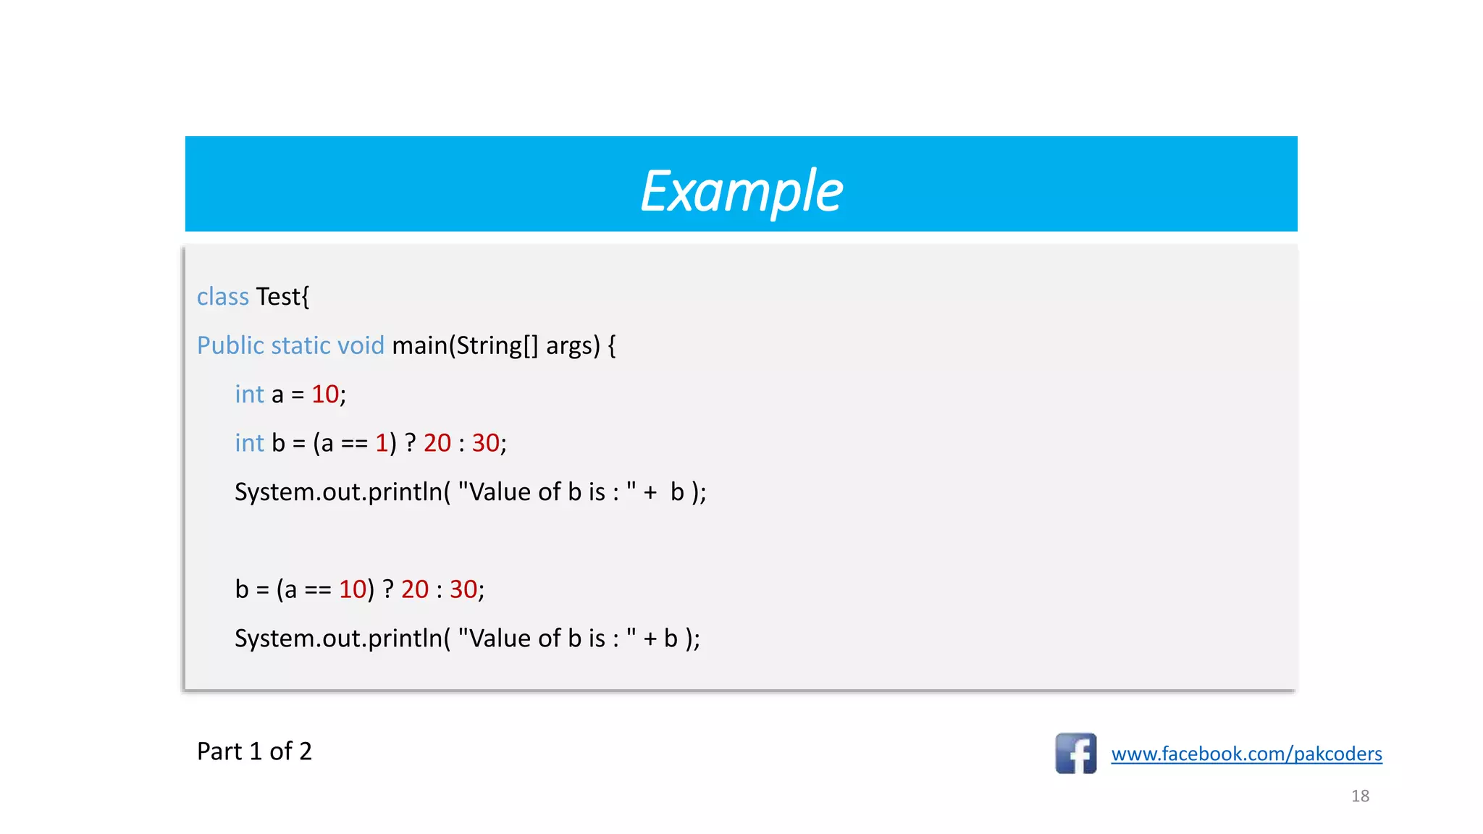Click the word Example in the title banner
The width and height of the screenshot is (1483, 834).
tap(741, 191)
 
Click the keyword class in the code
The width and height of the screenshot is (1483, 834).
tap(222, 297)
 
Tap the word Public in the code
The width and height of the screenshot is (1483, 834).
tap(230, 346)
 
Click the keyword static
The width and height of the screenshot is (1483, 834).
tap(303, 346)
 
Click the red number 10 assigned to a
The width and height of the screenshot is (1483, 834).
tap(325, 395)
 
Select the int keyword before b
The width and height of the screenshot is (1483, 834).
tap(249, 443)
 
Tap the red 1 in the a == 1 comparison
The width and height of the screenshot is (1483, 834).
tap(382, 443)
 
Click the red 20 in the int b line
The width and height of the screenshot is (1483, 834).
tap(437, 443)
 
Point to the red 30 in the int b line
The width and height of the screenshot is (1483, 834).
tap(485, 443)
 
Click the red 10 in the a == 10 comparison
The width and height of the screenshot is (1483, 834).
tap(353, 590)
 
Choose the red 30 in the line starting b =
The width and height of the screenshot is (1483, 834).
tap(463, 590)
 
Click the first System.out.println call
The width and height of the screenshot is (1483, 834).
tap(339, 492)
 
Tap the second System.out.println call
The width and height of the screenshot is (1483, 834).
tap(339, 639)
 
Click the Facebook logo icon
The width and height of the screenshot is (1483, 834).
tap(1075, 754)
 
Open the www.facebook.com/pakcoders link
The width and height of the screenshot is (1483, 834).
tap(1246, 754)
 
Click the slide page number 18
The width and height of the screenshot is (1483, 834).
tap(1360, 796)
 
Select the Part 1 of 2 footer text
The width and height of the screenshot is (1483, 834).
tap(254, 751)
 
